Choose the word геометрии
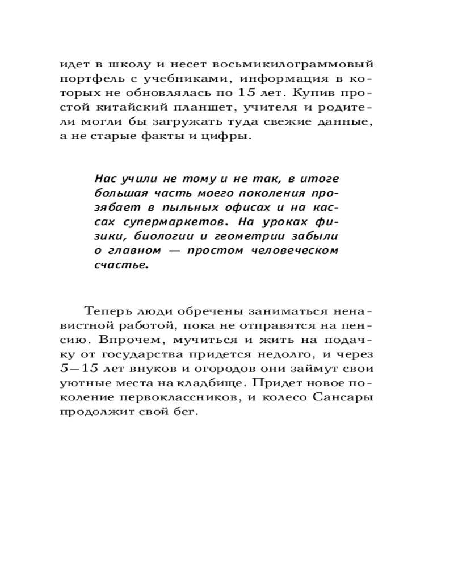[262, 235]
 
